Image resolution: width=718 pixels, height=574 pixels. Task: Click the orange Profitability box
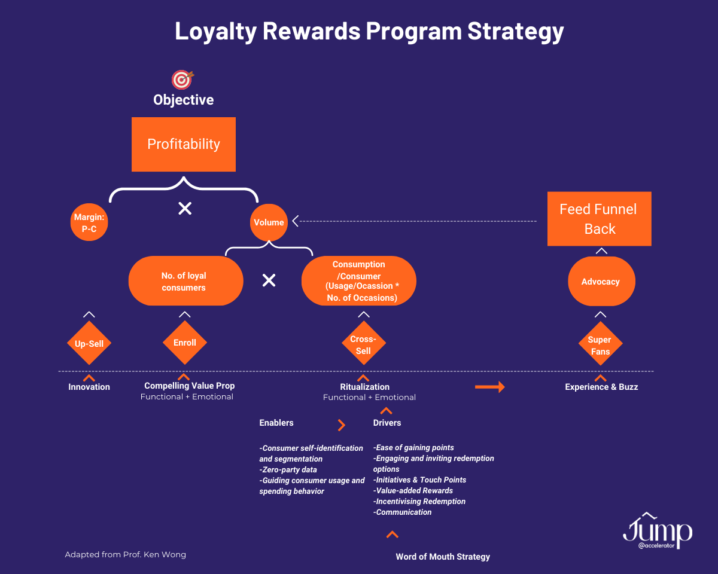click(184, 144)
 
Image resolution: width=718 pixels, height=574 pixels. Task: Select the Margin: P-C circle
click(89, 222)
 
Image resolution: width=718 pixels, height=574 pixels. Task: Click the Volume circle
click(269, 222)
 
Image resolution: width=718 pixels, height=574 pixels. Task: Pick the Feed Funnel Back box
click(600, 219)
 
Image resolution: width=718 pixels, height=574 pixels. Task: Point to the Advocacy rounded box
click(600, 282)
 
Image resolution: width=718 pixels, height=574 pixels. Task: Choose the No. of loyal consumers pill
click(185, 282)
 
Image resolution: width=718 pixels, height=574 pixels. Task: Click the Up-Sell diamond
click(89, 343)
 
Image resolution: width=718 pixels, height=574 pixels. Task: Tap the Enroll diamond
click(185, 343)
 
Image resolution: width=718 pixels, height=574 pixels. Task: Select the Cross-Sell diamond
click(363, 344)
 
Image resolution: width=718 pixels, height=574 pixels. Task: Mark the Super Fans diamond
click(600, 345)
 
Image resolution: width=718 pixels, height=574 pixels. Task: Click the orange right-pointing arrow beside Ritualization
click(489, 387)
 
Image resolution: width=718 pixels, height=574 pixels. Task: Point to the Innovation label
click(89, 387)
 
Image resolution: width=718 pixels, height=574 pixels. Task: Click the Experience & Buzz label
click(601, 387)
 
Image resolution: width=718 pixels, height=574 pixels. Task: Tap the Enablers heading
click(276, 423)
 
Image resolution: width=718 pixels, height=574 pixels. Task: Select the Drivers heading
click(387, 423)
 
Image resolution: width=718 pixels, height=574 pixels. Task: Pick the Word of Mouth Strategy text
click(443, 557)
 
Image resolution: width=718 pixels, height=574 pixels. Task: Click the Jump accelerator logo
click(657, 531)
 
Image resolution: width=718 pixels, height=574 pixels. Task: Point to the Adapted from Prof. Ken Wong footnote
click(126, 554)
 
